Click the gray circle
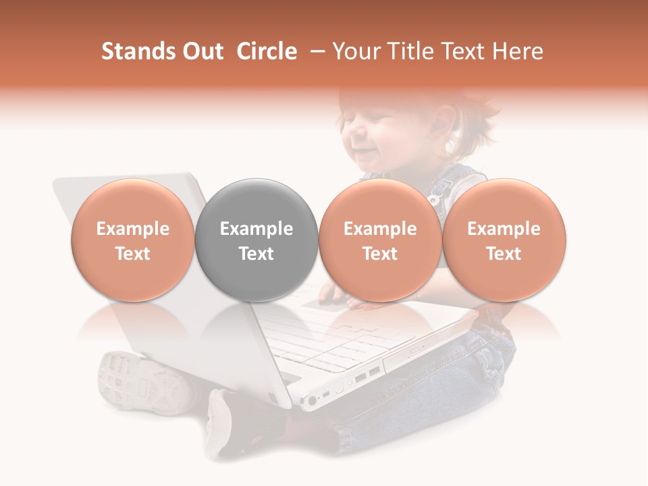[256, 202]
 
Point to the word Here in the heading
[518, 51]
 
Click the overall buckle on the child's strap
[436, 196]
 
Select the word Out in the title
[201, 51]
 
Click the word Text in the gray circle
[256, 254]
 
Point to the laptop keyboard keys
[317, 337]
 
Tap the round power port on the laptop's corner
[311, 402]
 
